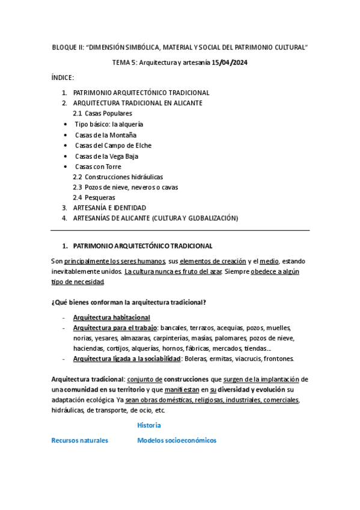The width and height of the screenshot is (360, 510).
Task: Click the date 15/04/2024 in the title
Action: coord(231,63)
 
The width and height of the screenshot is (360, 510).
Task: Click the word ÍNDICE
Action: coord(63,78)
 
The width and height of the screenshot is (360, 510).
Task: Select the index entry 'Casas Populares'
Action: coord(108,114)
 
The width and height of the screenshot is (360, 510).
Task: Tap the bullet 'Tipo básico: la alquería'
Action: coord(109,124)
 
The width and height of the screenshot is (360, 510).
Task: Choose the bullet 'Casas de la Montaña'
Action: coord(106,135)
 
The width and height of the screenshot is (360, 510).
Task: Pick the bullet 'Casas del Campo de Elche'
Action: coord(113,146)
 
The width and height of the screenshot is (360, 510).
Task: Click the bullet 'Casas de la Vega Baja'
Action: coord(106,156)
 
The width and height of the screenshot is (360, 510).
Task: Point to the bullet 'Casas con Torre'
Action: coord(98,167)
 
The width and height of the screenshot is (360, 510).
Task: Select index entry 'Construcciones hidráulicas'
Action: coord(124,177)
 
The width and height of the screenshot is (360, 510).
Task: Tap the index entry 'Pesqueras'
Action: coord(100,197)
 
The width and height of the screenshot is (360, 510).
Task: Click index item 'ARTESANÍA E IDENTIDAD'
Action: coord(109,208)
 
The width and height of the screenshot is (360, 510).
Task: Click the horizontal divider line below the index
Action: coord(180,230)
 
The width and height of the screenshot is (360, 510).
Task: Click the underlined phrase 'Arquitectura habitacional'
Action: coord(111,318)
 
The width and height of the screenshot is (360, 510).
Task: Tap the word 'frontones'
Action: coord(276,359)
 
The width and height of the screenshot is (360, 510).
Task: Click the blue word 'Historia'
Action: coord(149,425)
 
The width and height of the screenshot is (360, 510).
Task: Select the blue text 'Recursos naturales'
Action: coord(80,440)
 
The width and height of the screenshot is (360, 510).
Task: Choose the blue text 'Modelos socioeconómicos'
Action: coord(177,440)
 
